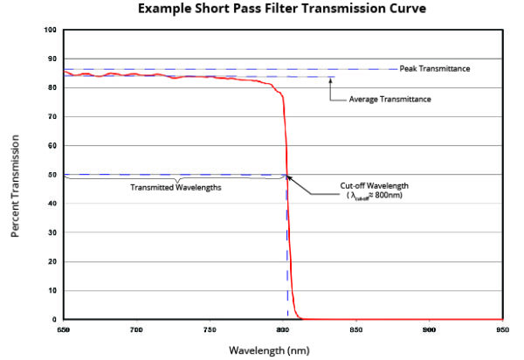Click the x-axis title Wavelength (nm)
coord(280,350)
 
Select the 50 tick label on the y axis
coord(53,175)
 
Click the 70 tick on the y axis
coord(53,116)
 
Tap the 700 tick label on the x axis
coord(136,330)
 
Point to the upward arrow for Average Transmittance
coord(331,87)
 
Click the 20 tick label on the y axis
coord(53,261)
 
